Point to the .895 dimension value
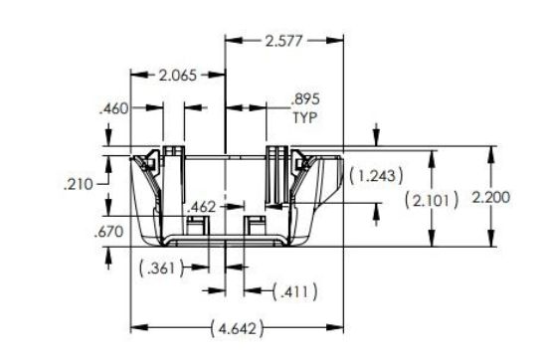click(x=305, y=100)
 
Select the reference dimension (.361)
click(x=161, y=267)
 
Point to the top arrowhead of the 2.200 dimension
click(x=490, y=151)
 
